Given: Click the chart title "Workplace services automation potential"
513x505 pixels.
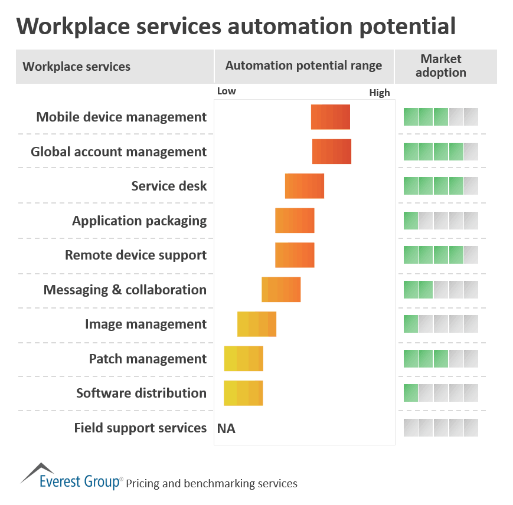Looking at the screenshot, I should click(x=236, y=26).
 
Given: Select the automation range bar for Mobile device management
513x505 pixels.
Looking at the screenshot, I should click(x=331, y=117).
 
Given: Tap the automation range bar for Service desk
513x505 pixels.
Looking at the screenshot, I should click(x=305, y=186).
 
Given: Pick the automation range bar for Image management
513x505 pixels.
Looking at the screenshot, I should click(x=257, y=324).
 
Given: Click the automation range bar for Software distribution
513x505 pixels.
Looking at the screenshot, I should click(x=243, y=393).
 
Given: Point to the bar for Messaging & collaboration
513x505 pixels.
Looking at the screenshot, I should click(x=281, y=290).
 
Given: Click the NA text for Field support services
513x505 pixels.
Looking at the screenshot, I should click(x=226, y=428).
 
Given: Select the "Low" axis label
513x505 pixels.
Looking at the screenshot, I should click(x=227, y=91).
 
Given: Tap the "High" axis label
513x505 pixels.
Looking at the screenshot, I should click(x=380, y=93).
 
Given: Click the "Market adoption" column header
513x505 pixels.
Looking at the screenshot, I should click(x=441, y=66).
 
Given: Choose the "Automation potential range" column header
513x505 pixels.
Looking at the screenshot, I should click(x=303, y=65).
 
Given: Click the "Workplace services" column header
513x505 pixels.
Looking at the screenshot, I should click(x=77, y=67).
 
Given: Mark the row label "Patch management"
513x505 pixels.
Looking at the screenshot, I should click(x=148, y=359).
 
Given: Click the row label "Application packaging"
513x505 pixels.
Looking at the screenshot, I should click(x=139, y=221).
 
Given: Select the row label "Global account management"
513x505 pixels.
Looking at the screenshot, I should click(x=119, y=152).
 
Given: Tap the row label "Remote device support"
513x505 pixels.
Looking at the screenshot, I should click(x=136, y=255).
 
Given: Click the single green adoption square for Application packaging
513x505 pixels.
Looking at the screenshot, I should click(x=411, y=221).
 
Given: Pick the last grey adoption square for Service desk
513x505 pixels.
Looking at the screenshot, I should click(x=471, y=186).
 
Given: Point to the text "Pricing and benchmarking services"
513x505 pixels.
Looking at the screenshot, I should click(x=211, y=484).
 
